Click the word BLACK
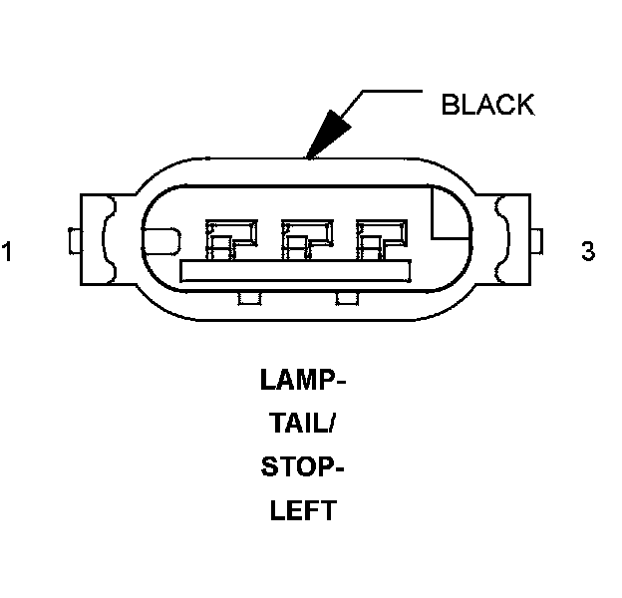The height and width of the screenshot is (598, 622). tap(487, 105)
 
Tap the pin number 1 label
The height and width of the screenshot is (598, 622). tap(8, 251)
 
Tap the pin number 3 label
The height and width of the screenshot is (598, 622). tap(588, 251)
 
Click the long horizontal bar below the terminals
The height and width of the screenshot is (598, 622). tap(295, 271)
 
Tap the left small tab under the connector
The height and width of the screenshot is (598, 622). tap(247, 298)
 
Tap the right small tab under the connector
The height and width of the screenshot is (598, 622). tap(347, 298)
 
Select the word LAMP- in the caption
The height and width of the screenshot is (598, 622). tap(303, 381)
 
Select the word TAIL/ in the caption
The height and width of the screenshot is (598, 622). tap(303, 424)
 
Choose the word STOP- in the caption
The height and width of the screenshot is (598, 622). tap(303, 467)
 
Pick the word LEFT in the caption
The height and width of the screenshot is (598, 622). tap(303, 511)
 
